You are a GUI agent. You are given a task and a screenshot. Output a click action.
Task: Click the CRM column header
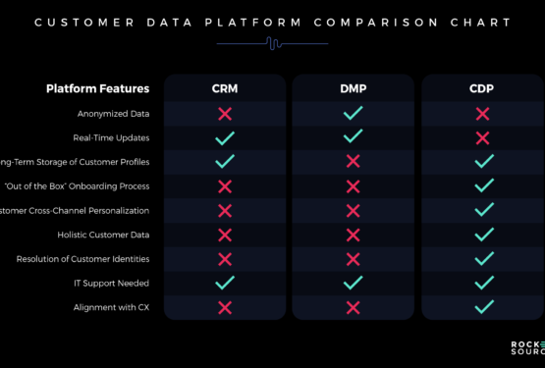[224, 89]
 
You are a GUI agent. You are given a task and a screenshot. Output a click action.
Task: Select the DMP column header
[354, 89]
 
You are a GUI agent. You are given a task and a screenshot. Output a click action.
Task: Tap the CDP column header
[482, 89]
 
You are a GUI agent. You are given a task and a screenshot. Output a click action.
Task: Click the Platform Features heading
[97, 89]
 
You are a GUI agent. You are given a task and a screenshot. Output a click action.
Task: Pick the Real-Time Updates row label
[111, 137]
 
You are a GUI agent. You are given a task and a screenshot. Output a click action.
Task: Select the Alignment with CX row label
[112, 307]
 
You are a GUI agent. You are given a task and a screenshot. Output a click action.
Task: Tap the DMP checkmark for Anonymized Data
[354, 114]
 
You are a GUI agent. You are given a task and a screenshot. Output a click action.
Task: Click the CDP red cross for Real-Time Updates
[482, 137]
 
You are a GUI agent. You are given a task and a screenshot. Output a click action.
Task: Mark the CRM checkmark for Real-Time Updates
[224, 137]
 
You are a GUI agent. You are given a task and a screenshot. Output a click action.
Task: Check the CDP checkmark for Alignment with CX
[482, 307]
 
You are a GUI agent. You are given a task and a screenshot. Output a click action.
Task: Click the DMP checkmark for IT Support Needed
[354, 283]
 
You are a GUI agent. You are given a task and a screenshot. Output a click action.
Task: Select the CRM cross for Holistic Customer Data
[224, 235]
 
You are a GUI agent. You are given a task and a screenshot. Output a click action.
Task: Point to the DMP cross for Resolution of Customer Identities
[354, 259]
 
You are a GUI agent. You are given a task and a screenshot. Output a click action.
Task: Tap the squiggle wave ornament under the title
[272, 42]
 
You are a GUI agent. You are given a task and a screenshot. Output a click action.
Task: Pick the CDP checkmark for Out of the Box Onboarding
[482, 186]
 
